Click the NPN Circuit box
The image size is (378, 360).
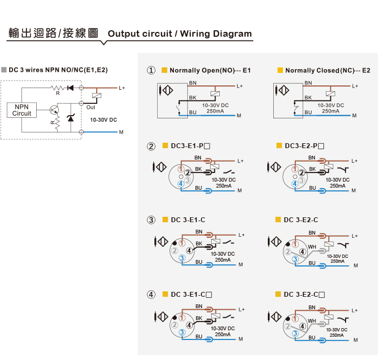pos(22,110)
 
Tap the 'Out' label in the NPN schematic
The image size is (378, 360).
pos(91,108)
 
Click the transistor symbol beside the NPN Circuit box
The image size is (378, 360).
pos(54,110)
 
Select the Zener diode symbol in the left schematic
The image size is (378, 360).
pos(71,118)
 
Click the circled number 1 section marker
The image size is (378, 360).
pos(151,70)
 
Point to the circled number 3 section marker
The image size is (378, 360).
pos(151,220)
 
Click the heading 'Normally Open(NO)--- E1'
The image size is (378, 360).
pos(210,70)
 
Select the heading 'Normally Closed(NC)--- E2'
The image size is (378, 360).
pos(328,70)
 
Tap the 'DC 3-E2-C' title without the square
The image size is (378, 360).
pos(301,220)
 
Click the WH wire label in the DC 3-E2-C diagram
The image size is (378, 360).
pos(312,247)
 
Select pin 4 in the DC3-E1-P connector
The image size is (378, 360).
pos(181,184)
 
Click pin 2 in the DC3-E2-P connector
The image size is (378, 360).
pos(301,173)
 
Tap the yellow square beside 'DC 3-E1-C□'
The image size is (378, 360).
pos(165,294)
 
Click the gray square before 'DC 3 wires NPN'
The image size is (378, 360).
pos(4,70)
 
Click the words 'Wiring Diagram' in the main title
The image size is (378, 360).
pos(216,34)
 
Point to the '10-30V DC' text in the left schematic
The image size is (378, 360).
pos(104,120)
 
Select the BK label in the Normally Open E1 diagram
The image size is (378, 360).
pos(193,98)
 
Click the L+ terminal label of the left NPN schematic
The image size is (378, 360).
pos(122,88)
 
